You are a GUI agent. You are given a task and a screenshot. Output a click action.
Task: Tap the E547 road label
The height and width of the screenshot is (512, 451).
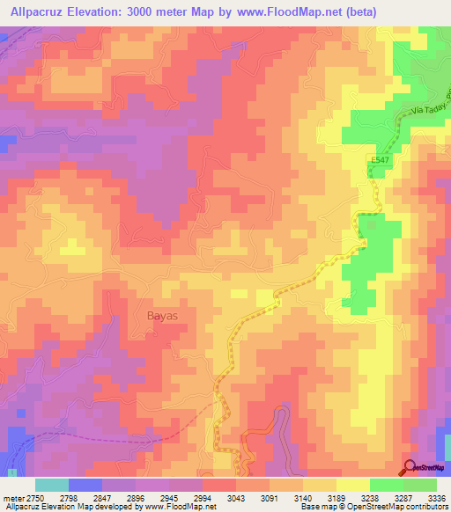[378, 158]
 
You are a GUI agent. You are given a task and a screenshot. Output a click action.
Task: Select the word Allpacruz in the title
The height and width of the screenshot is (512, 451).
[40, 11]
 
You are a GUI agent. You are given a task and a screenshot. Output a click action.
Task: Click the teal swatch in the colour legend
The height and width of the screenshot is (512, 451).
[52, 485]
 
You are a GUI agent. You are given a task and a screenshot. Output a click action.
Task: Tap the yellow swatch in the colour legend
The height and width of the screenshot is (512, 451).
[352, 485]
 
